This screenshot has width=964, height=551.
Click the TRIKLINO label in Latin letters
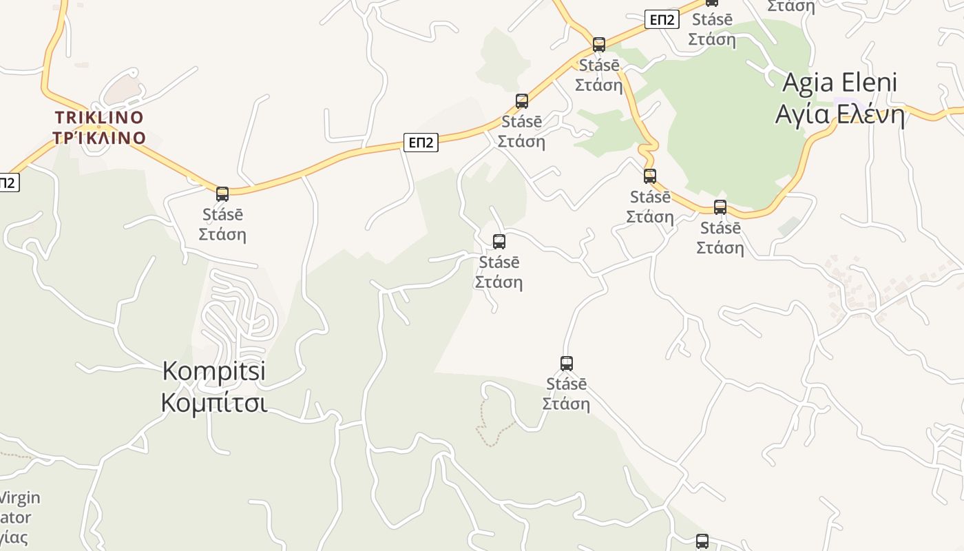click(x=99, y=117)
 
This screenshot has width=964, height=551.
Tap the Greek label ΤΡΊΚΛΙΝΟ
click(x=99, y=138)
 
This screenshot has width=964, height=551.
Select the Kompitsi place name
click(x=214, y=372)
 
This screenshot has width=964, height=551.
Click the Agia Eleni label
click(x=840, y=83)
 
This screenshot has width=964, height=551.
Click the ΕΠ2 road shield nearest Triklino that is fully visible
click(x=421, y=143)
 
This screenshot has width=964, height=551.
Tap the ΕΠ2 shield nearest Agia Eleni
click(x=662, y=20)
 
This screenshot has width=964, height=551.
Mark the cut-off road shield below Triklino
click(x=8, y=183)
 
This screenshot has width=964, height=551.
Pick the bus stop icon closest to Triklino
click(x=222, y=194)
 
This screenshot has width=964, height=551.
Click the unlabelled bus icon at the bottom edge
click(x=702, y=541)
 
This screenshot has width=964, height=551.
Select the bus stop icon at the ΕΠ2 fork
click(x=599, y=45)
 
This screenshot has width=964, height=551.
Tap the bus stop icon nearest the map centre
click(x=499, y=242)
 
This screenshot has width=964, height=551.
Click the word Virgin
click(x=19, y=497)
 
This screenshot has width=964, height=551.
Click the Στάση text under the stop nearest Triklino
click(x=222, y=234)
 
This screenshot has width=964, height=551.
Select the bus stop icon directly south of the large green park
click(x=720, y=207)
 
